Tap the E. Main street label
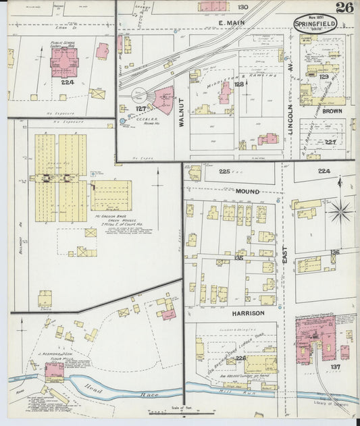(x=231, y=24)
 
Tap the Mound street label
(x=247, y=191)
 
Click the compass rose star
(x=341, y=211)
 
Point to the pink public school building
(x=64, y=62)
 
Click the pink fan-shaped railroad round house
(x=163, y=100)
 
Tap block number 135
(x=238, y=257)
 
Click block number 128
(x=238, y=84)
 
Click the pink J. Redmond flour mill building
(x=54, y=371)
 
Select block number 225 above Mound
(x=224, y=171)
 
